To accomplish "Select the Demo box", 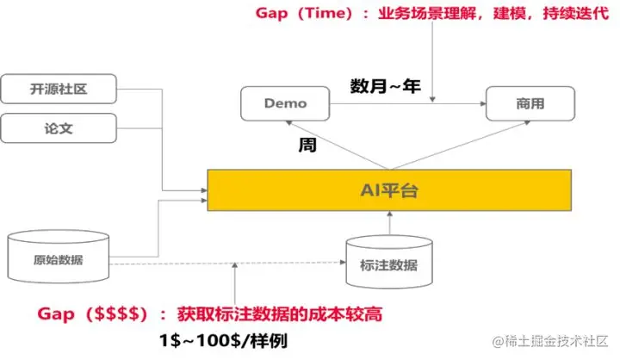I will coord(284,104).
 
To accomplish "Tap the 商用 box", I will coord(528,104).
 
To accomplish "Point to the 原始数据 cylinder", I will coord(59,258).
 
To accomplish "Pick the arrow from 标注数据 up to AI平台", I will coord(388,223).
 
